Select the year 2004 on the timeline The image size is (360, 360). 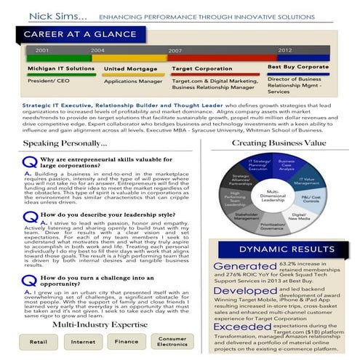[97, 50]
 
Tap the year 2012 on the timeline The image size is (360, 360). [284, 50]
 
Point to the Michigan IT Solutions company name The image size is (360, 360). [60, 68]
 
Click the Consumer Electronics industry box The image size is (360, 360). [173, 340]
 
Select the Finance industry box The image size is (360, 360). [127, 340]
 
